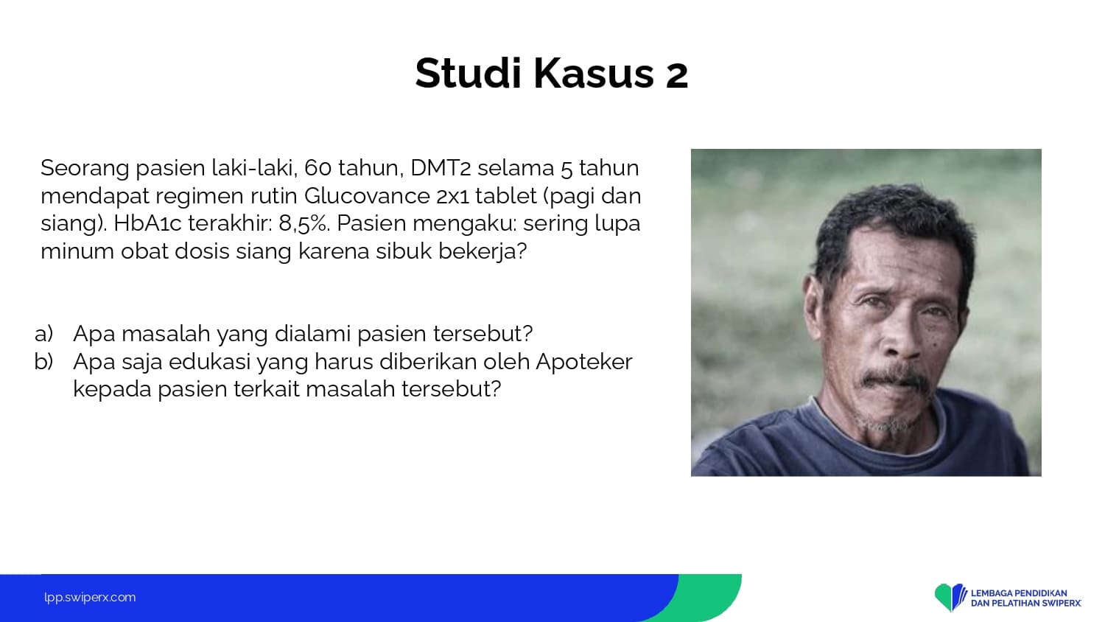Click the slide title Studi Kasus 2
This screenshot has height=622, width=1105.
[552, 74]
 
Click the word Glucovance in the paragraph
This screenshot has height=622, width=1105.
[367, 196]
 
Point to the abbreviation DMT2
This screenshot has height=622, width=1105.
[441, 168]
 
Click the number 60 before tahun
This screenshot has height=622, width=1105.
[318, 168]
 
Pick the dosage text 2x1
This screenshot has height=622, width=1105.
[452, 197]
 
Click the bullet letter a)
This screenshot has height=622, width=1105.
[44, 334]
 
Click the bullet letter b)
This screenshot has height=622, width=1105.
[44, 361]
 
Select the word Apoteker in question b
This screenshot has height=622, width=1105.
[584, 363]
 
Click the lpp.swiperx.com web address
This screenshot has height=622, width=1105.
[90, 598]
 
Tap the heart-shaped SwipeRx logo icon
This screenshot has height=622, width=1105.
[950, 597]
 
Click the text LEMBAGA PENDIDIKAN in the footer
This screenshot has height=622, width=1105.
[1019, 593]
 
